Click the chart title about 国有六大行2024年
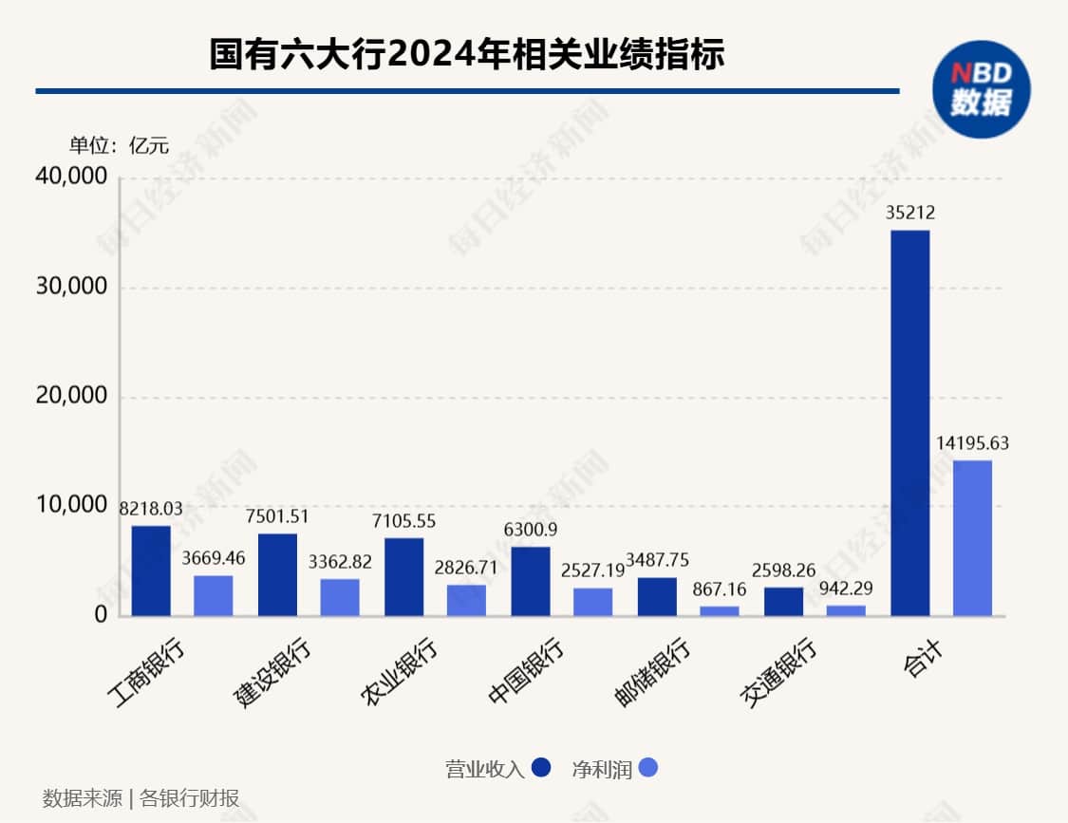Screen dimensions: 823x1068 pyautogui.click(x=466, y=54)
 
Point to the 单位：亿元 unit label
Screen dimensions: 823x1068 pyautogui.click(x=118, y=145)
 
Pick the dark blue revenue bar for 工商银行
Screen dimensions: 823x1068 pyautogui.click(x=151, y=570)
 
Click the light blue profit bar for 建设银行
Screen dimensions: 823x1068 pyautogui.click(x=340, y=597)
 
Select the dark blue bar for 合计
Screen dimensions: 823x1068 pyautogui.click(x=910, y=423)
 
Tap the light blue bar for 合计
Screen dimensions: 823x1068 pyautogui.click(x=972, y=538)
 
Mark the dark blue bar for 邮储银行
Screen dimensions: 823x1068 pyautogui.click(x=657, y=596)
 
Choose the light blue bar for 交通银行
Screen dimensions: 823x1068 pyautogui.click(x=846, y=610)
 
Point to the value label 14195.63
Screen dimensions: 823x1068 pyautogui.click(x=972, y=442)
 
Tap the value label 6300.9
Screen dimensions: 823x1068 pyautogui.click(x=532, y=529)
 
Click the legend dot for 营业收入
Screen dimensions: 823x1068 pyautogui.click(x=541, y=767)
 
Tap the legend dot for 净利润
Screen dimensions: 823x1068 pyautogui.click(x=647, y=767)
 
